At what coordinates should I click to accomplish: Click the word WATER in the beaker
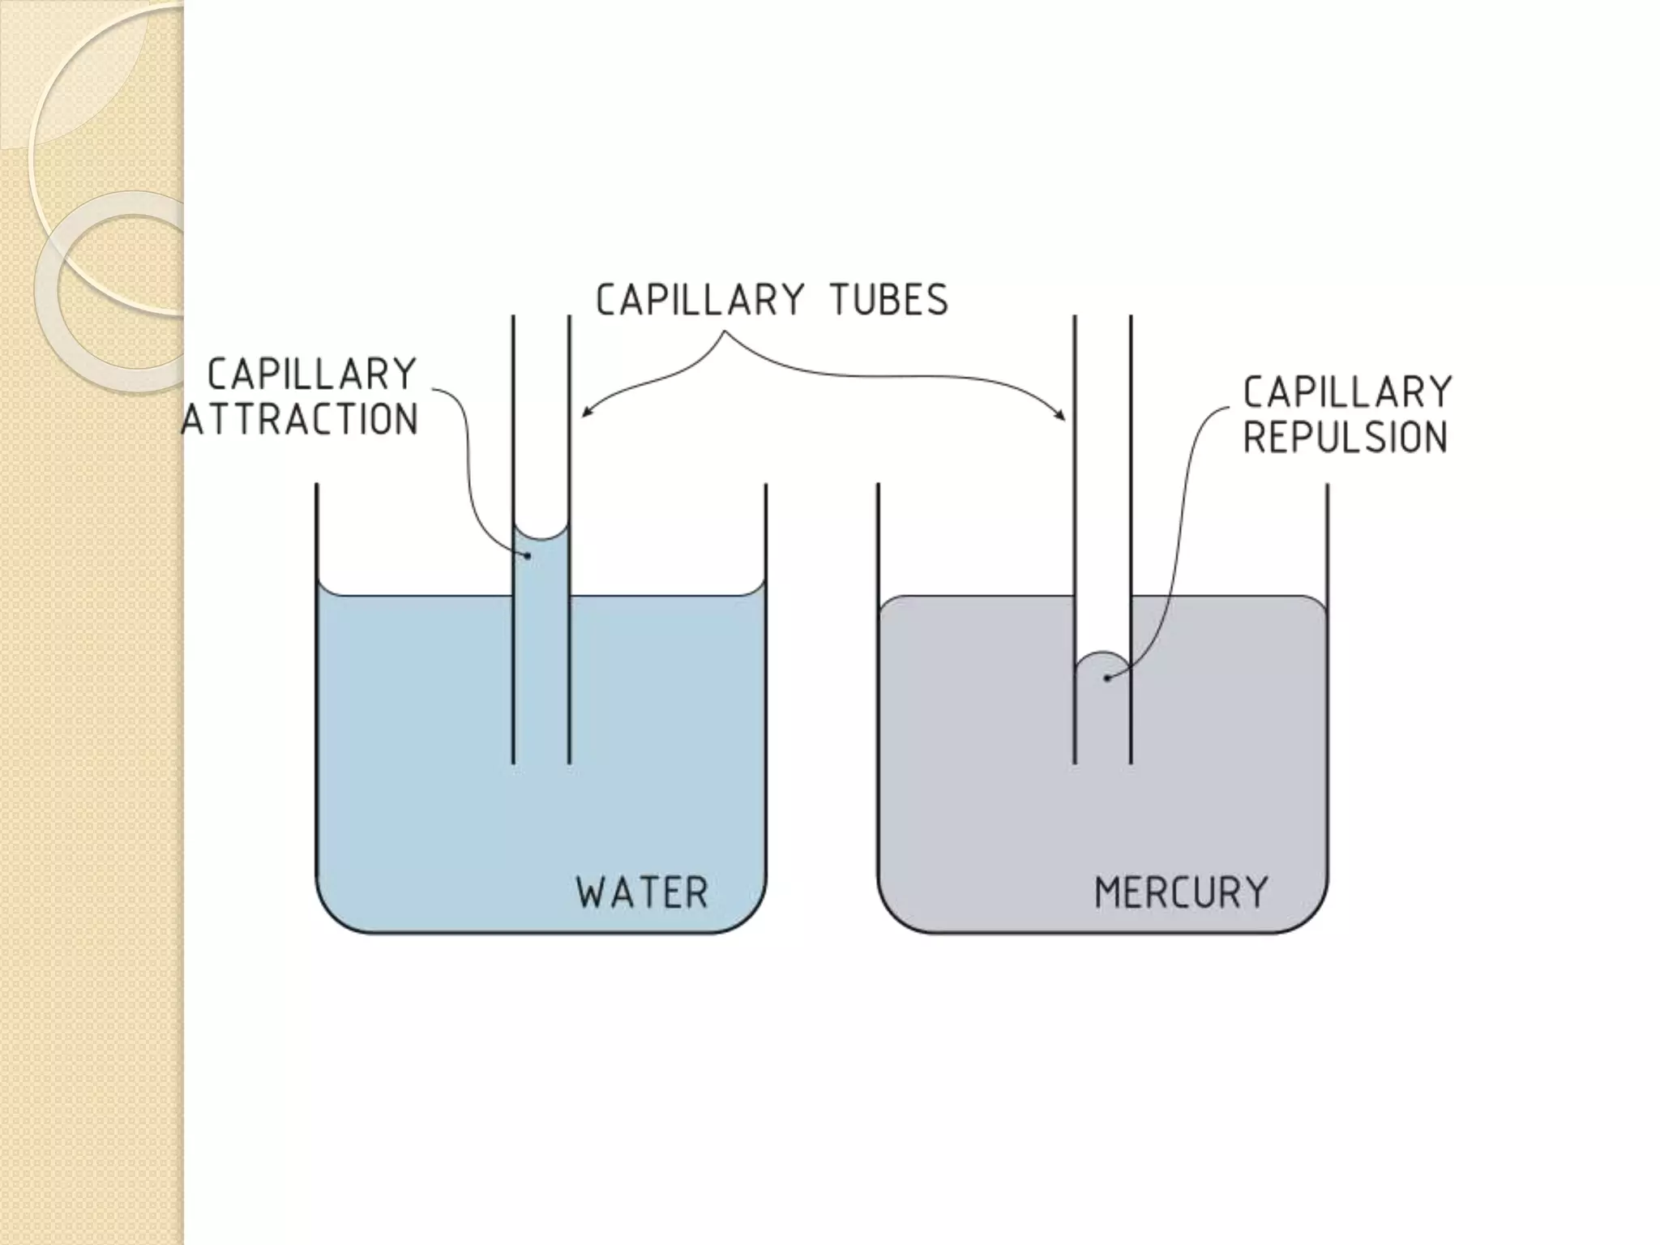(642, 892)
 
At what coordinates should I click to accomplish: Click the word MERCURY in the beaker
(1181, 892)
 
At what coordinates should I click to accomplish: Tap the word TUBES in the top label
(888, 300)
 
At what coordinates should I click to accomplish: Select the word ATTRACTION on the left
(300, 420)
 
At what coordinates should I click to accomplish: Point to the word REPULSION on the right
(1345, 438)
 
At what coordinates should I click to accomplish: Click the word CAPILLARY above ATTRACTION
(312, 374)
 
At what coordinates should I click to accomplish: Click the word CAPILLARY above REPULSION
(1347, 392)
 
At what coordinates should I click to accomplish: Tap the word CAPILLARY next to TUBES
(700, 300)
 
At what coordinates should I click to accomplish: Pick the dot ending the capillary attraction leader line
(528, 556)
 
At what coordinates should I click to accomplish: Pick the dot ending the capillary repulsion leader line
(1107, 678)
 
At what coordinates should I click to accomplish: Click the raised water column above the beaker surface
(541, 567)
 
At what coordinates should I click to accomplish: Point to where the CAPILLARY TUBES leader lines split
(724, 332)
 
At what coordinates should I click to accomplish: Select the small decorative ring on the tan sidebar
(113, 292)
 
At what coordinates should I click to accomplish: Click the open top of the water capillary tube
(541, 318)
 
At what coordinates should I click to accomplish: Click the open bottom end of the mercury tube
(1102, 762)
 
